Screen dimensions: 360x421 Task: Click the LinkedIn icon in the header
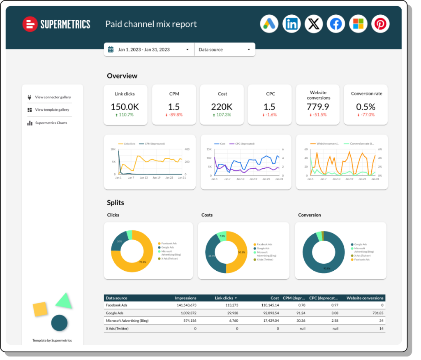(x=291, y=24)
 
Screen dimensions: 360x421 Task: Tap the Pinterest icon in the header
(x=380, y=24)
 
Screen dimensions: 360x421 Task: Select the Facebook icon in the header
(x=336, y=24)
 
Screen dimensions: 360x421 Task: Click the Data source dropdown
(x=224, y=50)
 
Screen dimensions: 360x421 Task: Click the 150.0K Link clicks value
(x=125, y=107)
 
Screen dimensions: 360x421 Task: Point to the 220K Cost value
(x=222, y=107)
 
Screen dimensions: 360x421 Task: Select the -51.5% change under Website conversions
(x=318, y=115)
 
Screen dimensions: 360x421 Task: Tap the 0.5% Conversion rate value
(x=366, y=107)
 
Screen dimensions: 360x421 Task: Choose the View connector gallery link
(x=53, y=98)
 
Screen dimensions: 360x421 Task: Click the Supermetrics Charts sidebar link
(x=51, y=123)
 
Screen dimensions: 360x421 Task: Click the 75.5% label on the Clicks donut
(x=143, y=262)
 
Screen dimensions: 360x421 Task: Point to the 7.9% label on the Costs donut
(x=222, y=236)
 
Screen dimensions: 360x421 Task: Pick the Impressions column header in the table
(x=185, y=298)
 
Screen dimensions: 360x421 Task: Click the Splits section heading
(x=116, y=202)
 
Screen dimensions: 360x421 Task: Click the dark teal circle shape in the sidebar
(x=59, y=323)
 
